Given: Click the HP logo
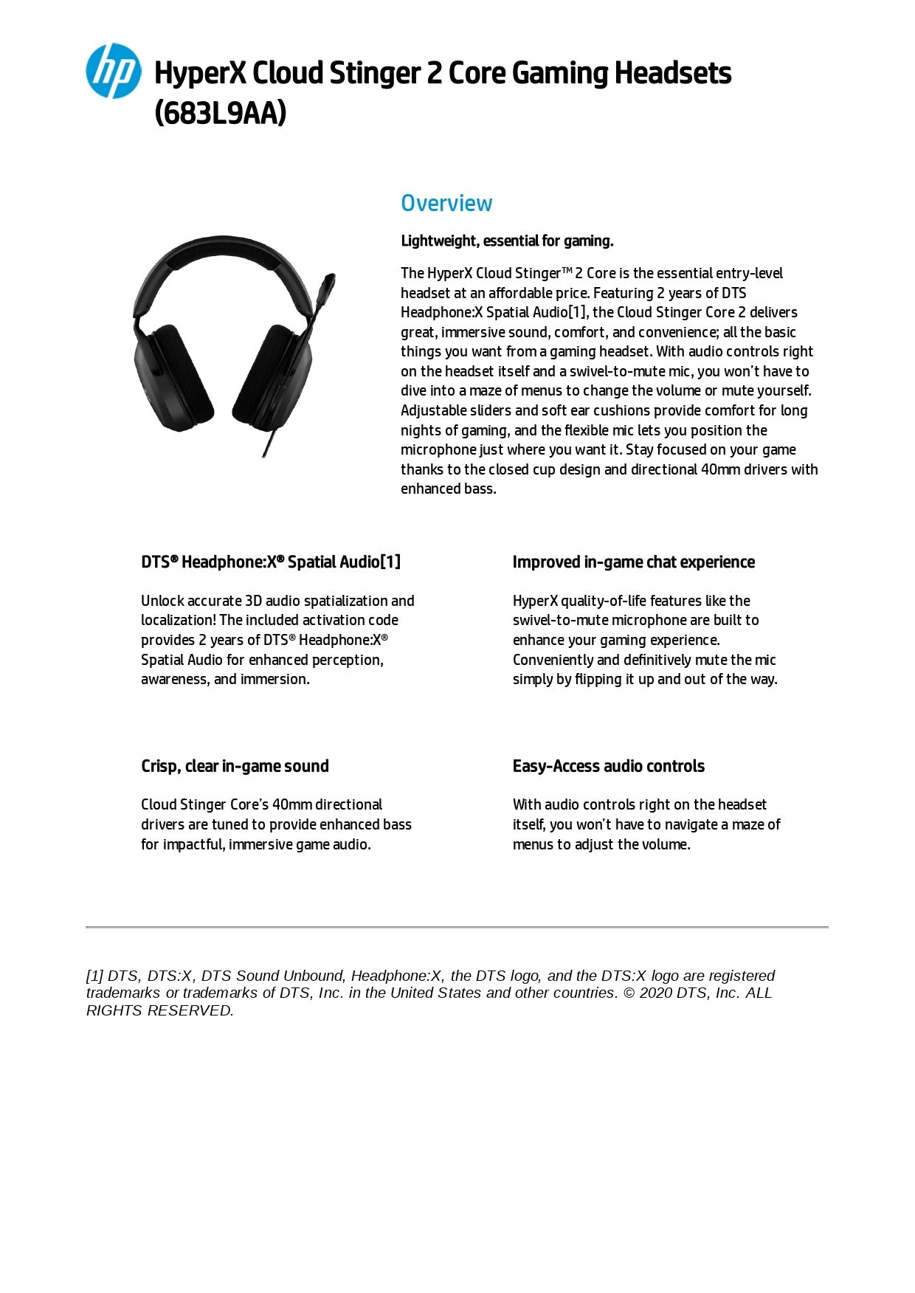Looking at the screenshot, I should pyautogui.click(x=113, y=71).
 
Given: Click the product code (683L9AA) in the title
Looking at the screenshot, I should pyautogui.click(x=220, y=113).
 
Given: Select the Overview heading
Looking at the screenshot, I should pyautogui.click(x=446, y=203).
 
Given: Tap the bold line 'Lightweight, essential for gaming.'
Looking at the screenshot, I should pyautogui.click(x=507, y=241).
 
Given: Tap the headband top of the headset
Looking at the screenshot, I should pyautogui.click(x=221, y=247).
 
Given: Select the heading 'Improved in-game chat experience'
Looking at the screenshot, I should pyautogui.click(x=633, y=562).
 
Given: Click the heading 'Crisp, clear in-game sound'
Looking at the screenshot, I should pyautogui.click(x=235, y=766).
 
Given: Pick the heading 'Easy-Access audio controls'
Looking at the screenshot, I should pyautogui.click(x=608, y=766).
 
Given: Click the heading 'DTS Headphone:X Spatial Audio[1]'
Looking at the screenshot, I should pyautogui.click(x=271, y=562).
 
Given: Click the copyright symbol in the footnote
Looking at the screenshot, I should pyautogui.click(x=628, y=993).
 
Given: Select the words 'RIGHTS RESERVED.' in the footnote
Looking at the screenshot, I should pyautogui.click(x=159, y=1010).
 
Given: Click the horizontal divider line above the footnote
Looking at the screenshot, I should pyautogui.click(x=457, y=926).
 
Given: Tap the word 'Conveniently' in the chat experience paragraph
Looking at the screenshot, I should pyautogui.click(x=553, y=660).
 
